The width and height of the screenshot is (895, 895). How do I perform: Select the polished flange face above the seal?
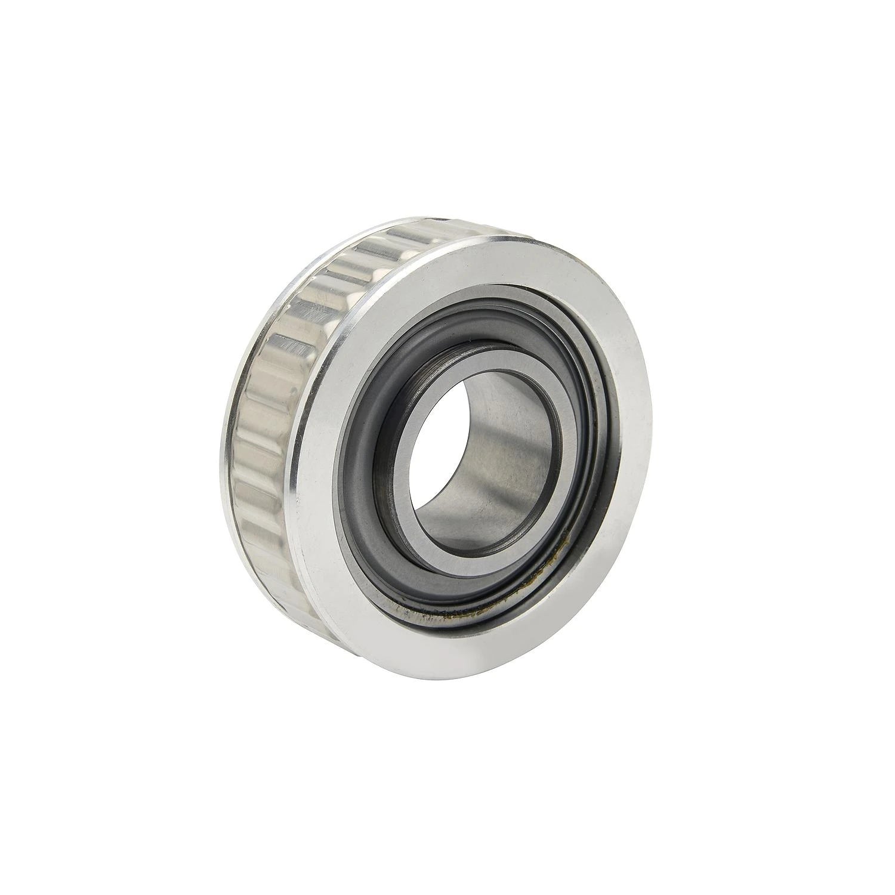[x=453, y=268]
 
